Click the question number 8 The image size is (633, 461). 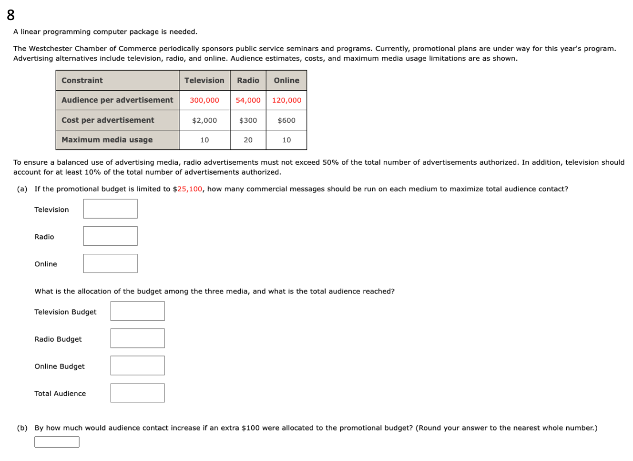coord(10,15)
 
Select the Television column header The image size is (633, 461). coord(204,80)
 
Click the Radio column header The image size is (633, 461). coord(248,80)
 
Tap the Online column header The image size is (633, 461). coord(286,80)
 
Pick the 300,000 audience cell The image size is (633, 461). coord(204,100)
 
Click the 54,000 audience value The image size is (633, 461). coord(248,100)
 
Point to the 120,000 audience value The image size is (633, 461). coord(286,100)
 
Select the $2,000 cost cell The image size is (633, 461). coord(204,120)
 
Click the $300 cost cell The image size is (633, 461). coord(248,120)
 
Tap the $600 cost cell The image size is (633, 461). coord(286,120)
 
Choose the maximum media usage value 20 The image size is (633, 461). coord(248,140)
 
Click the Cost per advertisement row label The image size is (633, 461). coord(108,120)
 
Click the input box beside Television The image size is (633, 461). coord(110,209)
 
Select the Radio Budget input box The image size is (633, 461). coord(137,338)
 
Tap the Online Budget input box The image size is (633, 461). coord(137,366)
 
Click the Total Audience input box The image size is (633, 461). coord(137,393)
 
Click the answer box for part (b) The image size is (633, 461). coord(57,442)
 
